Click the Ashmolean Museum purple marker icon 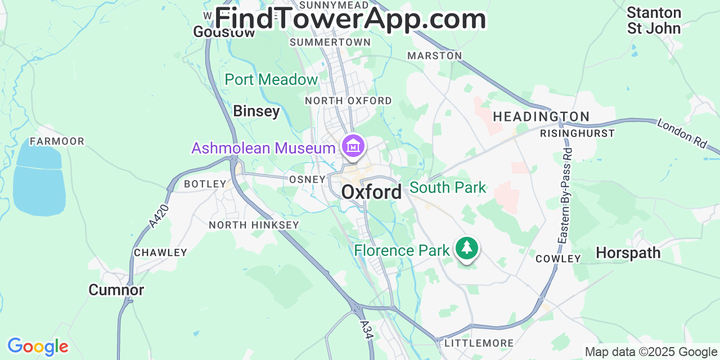(353, 146)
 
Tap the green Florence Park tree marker (466, 247)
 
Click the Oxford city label (371, 192)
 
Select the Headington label (541, 116)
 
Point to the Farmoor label (57, 141)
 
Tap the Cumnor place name (116, 290)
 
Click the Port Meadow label (271, 80)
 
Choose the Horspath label (628, 253)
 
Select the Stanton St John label (654, 20)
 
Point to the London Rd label (682, 133)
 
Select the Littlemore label (479, 343)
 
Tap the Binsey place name (256, 111)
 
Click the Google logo (38, 346)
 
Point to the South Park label (447, 187)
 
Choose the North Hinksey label (254, 225)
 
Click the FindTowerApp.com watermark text (350, 19)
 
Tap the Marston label (434, 56)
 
